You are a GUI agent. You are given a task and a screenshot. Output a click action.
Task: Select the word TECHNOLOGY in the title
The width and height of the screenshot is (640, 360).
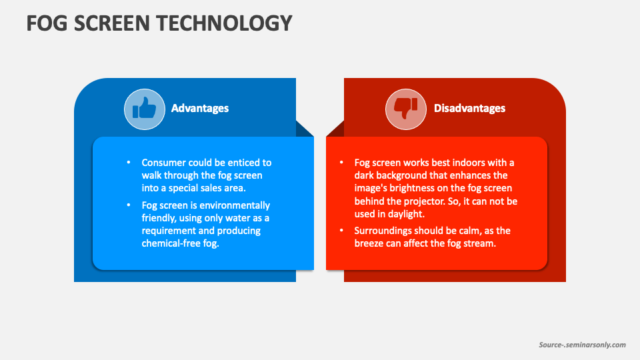point(224,23)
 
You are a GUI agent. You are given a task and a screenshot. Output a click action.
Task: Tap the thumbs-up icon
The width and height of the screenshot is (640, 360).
point(145,109)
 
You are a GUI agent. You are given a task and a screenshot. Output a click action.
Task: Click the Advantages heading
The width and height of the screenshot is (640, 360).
point(200,108)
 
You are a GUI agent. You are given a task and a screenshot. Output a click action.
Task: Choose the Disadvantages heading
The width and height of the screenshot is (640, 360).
point(469,108)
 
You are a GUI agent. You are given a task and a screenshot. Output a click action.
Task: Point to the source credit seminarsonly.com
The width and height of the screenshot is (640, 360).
point(583,345)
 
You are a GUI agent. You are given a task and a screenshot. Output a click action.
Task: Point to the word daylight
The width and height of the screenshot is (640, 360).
point(407,214)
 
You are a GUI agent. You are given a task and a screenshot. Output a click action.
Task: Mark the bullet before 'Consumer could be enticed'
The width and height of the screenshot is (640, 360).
point(129,163)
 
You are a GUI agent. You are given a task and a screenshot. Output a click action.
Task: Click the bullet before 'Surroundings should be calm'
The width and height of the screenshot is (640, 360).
point(341,231)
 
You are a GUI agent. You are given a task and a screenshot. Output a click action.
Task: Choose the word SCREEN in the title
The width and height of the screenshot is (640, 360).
point(112,23)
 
